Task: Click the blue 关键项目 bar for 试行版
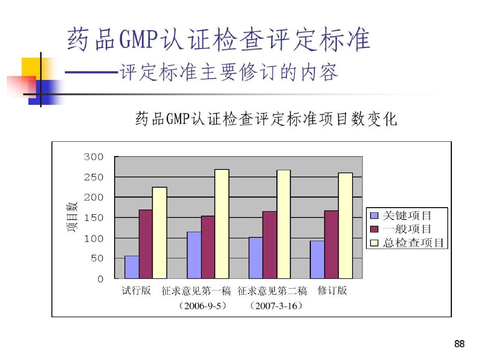[x=132, y=267]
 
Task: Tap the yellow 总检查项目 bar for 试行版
[x=159, y=232]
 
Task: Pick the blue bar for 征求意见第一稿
[x=194, y=255]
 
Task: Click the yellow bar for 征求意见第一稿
[x=222, y=224]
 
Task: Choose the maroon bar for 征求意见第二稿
[x=270, y=245]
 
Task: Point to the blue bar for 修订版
[x=317, y=259]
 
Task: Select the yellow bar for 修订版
[x=345, y=225]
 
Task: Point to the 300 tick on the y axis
[x=93, y=157]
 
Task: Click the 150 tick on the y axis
[x=93, y=218]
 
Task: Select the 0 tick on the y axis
[x=100, y=279]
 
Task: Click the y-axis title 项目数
[x=72, y=217]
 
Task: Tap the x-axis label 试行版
[x=136, y=291]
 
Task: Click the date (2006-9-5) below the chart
[x=203, y=306]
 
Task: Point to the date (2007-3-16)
[x=276, y=306]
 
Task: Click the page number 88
[x=459, y=344]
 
